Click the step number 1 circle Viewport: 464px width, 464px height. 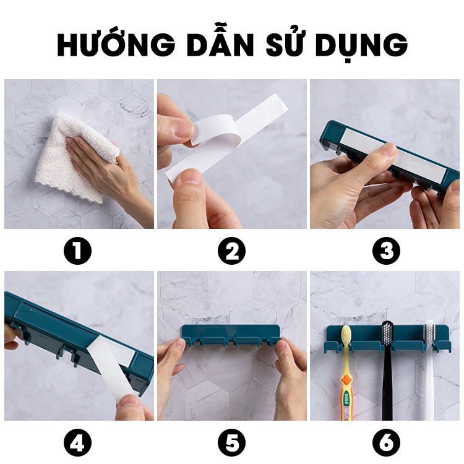point(78,251)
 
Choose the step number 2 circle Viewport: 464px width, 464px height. point(232,251)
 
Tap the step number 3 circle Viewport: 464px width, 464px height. point(386,251)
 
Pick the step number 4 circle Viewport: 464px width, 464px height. point(78,444)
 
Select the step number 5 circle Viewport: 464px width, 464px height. point(232,444)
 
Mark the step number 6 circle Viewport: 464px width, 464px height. point(386,444)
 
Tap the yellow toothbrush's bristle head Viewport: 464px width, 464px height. point(346,335)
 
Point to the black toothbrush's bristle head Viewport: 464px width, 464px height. point(386,332)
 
